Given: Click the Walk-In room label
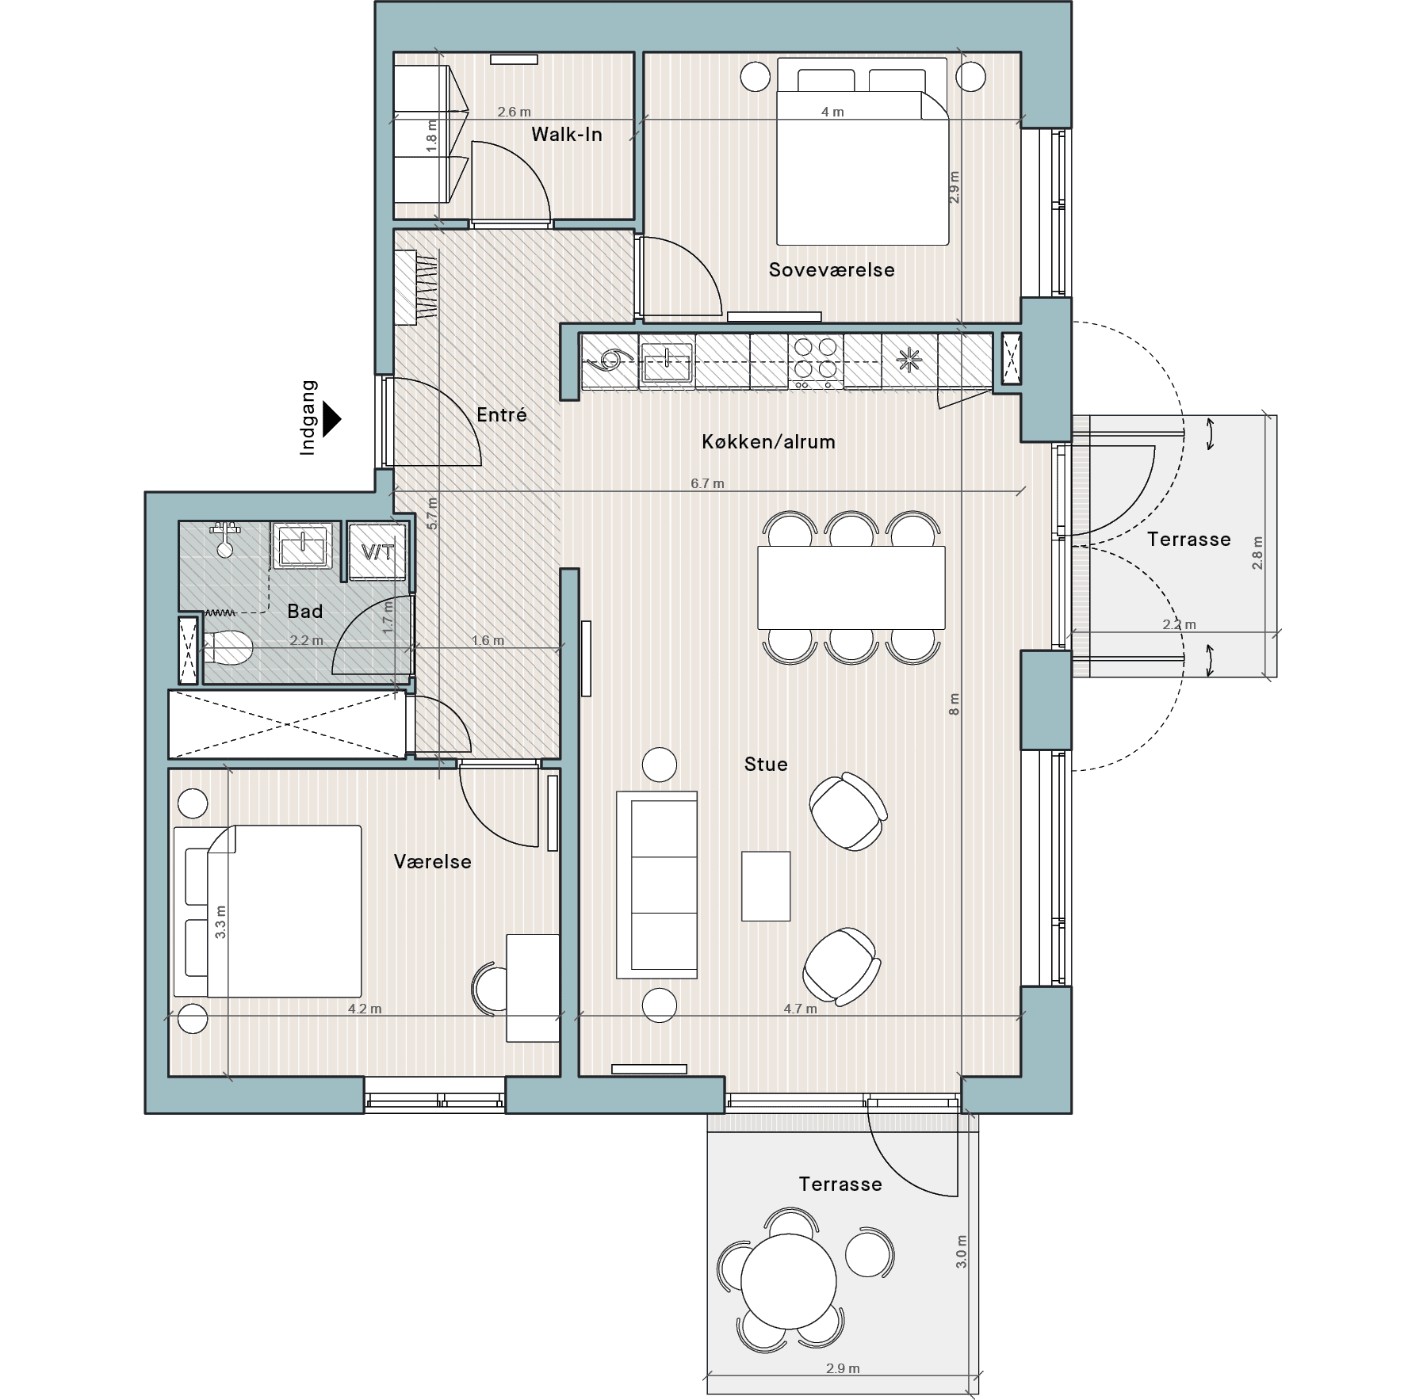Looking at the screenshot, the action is pyautogui.click(x=566, y=135).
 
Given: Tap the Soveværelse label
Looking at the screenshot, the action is pyautogui.click(x=832, y=270).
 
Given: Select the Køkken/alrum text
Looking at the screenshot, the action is pyautogui.click(x=768, y=442).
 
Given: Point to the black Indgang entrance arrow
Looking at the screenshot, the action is pyautogui.click(x=332, y=419).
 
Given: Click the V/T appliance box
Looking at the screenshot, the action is pyautogui.click(x=377, y=551).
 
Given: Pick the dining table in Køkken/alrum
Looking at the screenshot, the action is pyautogui.click(x=851, y=587).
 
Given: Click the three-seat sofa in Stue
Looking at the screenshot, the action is pyautogui.click(x=656, y=884).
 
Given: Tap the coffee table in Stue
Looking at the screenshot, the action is pyautogui.click(x=766, y=886).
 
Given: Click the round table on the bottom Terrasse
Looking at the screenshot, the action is pyautogui.click(x=788, y=1281).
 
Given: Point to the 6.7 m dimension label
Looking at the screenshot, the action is pyautogui.click(x=707, y=483).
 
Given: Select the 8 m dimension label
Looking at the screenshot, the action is pyautogui.click(x=954, y=704).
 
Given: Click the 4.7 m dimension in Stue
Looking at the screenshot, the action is pyautogui.click(x=800, y=1009).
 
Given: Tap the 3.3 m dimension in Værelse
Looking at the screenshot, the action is pyautogui.click(x=220, y=922).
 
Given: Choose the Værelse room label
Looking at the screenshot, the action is pyautogui.click(x=433, y=862).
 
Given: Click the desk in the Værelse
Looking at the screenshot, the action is pyautogui.click(x=533, y=988).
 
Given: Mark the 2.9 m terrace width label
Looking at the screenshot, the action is pyautogui.click(x=843, y=1368).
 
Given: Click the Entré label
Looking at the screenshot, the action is pyautogui.click(x=502, y=414).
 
